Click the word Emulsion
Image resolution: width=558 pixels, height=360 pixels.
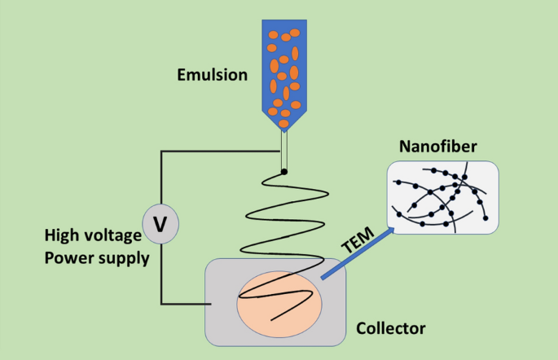[212, 76]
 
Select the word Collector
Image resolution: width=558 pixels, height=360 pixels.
[391, 328]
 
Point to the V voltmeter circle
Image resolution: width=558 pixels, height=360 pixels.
[160, 222]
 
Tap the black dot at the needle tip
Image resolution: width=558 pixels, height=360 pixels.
[283, 171]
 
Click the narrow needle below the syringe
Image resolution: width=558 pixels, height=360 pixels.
[284, 151]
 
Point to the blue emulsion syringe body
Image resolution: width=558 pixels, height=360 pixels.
[284, 65]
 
